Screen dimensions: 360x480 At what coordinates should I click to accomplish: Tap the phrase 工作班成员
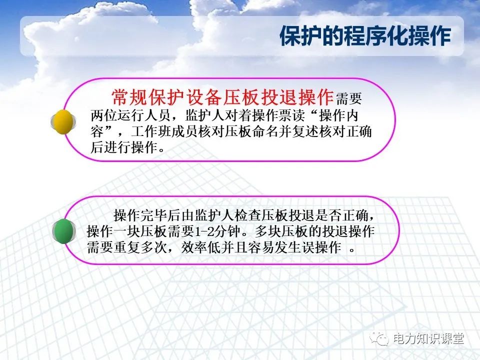coord(163,131)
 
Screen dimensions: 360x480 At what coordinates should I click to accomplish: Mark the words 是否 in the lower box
coord(335,215)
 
